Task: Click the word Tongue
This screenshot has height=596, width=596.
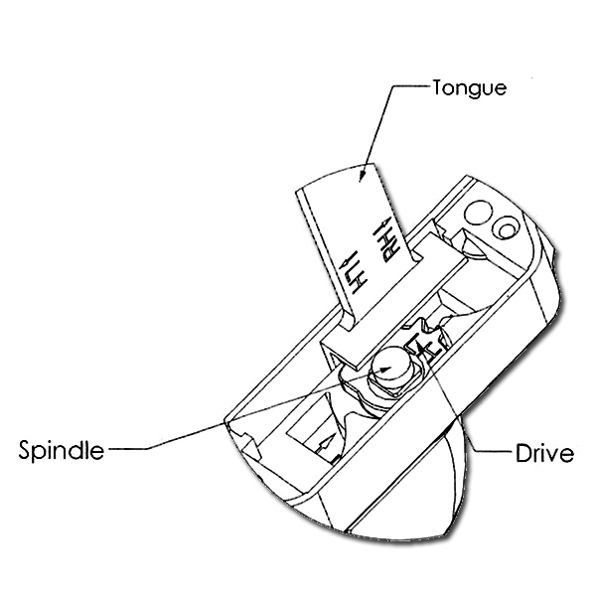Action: coord(470,88)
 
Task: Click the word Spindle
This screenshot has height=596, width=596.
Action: coord(62,450)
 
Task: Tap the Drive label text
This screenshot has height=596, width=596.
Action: coord(544,453)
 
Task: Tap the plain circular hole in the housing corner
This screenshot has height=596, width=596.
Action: coord(478,213)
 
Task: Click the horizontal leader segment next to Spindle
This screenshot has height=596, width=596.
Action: coord(128,449)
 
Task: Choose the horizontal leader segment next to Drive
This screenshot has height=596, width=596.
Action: coord(493,452)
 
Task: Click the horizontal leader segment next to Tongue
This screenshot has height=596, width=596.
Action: coord(411,86)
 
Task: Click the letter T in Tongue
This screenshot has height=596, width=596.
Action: coord(439,87)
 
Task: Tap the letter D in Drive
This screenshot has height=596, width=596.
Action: coord(522,453)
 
